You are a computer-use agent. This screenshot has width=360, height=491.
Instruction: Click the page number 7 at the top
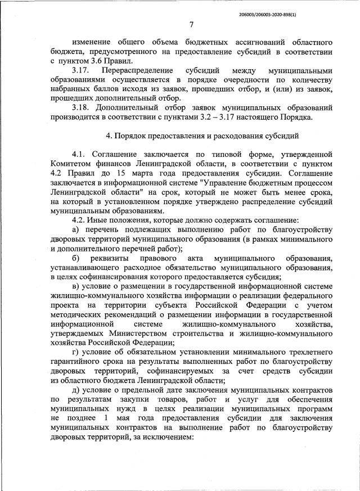(x=191, y=24)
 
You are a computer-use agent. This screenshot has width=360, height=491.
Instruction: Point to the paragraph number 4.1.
(x=81, y=154)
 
